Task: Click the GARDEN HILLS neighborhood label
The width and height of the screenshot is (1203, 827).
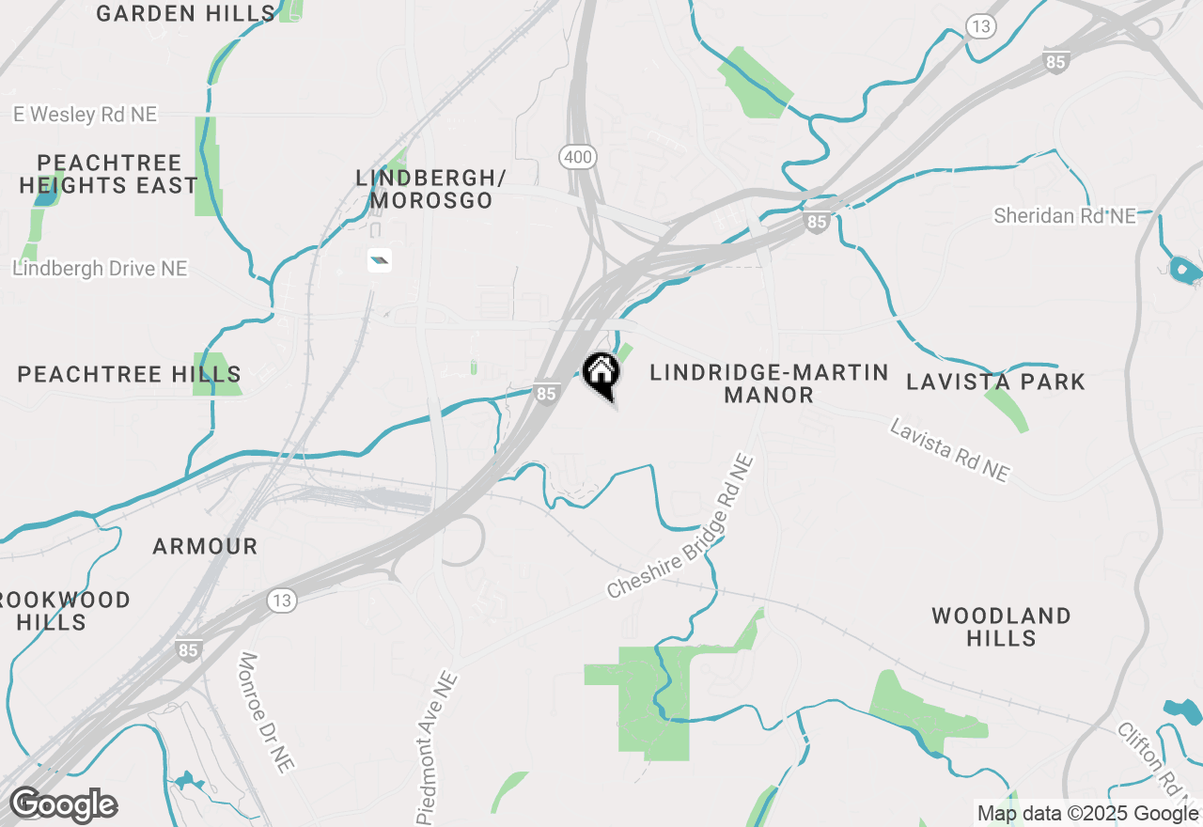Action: point(185,13)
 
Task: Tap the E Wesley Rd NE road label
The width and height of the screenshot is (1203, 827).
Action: point(85,115)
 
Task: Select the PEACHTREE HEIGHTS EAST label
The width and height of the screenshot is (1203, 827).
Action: point(108,174)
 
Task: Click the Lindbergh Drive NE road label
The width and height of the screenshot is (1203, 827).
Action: point(100,269)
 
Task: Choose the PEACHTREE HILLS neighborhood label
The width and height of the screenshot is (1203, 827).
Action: point(130,374)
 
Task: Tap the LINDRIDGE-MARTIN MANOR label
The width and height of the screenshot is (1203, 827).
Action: point(769,383)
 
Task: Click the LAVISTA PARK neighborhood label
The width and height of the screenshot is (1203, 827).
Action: point(995,382)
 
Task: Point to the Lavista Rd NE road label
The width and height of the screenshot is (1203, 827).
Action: point(949,451)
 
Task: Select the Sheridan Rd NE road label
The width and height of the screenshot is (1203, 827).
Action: point(1065,216)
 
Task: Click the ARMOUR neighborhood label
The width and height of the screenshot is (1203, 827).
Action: point(205,546)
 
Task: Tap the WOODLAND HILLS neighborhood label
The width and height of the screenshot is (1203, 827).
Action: point(1001,627)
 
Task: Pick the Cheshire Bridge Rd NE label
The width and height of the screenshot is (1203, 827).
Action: point(680,527)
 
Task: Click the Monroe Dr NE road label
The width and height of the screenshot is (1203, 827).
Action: point(267,712)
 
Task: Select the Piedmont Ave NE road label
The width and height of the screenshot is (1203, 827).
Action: point(437,746)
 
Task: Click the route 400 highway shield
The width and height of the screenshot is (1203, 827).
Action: point(577,157)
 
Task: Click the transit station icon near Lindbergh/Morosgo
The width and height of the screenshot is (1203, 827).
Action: point(380,260)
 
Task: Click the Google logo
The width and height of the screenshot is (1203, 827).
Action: point(63,805)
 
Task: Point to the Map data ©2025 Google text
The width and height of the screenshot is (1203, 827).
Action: point(1087,814)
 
